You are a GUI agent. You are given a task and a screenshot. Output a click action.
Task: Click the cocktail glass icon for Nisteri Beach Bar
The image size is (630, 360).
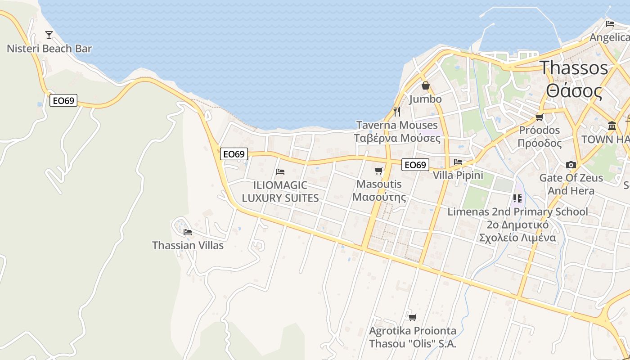pyautogui.click(x=49, y=35)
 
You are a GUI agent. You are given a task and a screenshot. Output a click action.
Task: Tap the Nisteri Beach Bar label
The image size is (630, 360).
pyautogui.click(x=49, y=49)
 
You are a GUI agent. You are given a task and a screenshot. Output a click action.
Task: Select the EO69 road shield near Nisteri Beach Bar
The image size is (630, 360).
pyautogui.click(x=63, y=100)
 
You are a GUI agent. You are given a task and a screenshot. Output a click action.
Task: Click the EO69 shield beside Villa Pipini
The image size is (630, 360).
pyautogui.click(x=415, y=165)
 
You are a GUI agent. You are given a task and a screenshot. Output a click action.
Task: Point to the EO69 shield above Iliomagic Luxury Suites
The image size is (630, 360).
pyautogui.click(x=234, y=154)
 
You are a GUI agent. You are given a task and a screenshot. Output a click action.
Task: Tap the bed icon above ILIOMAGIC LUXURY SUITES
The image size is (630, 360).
pyautogui.click(x=280, y=171)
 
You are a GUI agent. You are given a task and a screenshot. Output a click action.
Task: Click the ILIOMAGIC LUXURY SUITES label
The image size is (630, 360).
pyautogui.click(x=280, y=191)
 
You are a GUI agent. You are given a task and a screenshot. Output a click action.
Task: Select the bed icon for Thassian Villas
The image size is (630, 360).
pyautogui.click(x=188, y=232)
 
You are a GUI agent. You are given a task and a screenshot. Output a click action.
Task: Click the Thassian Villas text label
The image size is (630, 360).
pyautogui.click(x=188, y=245)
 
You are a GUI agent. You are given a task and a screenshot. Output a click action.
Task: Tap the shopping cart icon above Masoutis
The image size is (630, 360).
pyautogui.click(x=378, y=171)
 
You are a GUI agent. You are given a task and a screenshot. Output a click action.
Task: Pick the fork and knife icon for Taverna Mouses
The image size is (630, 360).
pyautogui.click(x=397, y=111)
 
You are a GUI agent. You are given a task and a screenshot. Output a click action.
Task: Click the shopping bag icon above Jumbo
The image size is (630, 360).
pyautogui.click(x=425, y=85)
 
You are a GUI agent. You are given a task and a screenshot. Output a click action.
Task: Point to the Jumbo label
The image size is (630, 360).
pyautogui.click(x=425, y=99)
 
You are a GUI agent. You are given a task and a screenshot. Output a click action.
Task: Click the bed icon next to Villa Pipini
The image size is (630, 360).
pyautogui.click(x=458, y=162)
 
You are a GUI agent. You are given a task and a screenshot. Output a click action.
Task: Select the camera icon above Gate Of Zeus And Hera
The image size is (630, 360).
pyautogui.click(x=571, y=165)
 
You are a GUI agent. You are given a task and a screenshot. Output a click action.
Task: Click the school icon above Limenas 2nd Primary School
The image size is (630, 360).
pyautogui.click(x=517, y=198)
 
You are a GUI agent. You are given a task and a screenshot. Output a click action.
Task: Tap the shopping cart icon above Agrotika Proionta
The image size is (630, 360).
pyautogui.click(x=412, y=317)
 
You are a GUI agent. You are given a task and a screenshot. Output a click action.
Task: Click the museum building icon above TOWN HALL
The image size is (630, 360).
pyautogui.click(x=612, y=126)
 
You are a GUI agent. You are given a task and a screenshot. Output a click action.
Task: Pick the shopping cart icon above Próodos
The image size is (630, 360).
pyautogui.click(x=539, y=117)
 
